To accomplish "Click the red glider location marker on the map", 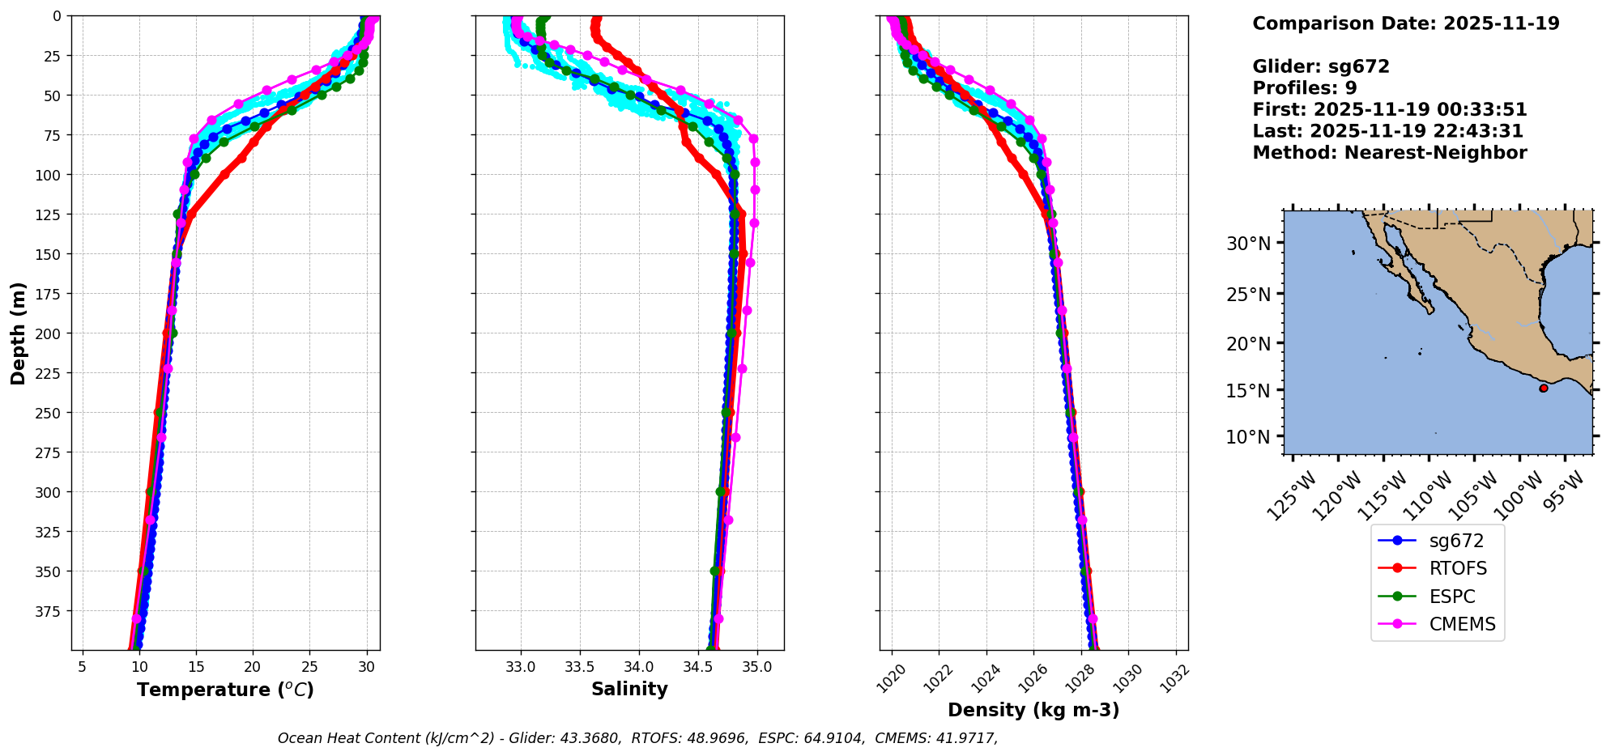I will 1544,389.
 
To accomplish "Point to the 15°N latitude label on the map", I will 1248,390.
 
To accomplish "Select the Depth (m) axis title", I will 19,333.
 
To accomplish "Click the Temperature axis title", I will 225,690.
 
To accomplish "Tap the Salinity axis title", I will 629,690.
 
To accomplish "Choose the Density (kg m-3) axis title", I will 1033,710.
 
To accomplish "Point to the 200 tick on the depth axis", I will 50,333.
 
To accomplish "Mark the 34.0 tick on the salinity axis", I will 639,667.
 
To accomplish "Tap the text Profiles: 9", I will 1304,88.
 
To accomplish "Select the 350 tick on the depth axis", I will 50,571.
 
